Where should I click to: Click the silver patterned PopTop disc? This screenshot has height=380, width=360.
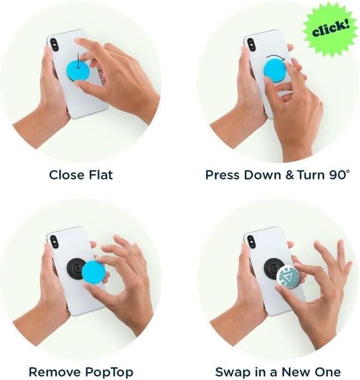coord(292,277)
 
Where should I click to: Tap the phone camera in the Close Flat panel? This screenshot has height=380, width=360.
coord(55,45)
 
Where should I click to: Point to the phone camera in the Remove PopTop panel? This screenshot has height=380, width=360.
coord(54,241)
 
